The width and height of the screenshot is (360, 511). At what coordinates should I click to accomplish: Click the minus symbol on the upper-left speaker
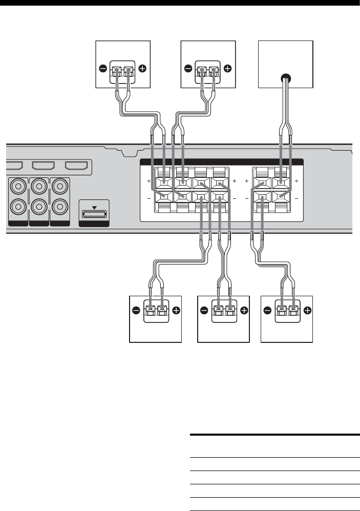pos(103,68)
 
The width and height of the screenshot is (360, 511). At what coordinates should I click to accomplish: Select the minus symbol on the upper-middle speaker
pos(188,68)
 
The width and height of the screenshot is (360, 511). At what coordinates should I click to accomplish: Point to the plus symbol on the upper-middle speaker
pos(227,68)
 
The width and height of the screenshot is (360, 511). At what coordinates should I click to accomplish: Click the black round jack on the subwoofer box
pos(285,78)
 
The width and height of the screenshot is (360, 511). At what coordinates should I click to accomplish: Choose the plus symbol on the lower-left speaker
pos(176,310)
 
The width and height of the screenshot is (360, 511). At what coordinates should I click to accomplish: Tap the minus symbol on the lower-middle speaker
pos(204,310)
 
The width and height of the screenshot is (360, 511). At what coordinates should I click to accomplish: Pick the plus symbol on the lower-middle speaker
pos(243,310)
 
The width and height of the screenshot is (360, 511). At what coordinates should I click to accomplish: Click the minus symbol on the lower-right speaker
pos(267,310)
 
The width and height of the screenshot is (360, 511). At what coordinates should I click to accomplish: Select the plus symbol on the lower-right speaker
pos(307,310)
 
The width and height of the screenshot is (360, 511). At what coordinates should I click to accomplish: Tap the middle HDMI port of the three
pos(46,166)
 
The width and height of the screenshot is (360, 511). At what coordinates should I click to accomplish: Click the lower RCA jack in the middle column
pos(39,207)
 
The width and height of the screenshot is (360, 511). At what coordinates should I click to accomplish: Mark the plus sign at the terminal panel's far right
pos(296,181)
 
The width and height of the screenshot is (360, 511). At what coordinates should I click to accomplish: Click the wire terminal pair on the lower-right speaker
pos(287,311)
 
